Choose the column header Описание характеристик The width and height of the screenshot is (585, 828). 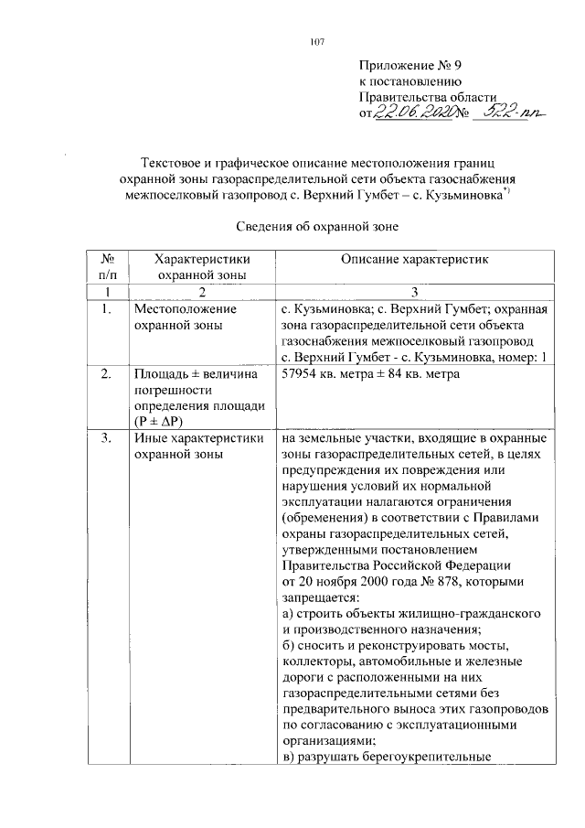coord(415,260)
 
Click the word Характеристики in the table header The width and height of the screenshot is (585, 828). coord(202,260)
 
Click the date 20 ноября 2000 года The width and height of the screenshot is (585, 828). coord(360,581)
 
